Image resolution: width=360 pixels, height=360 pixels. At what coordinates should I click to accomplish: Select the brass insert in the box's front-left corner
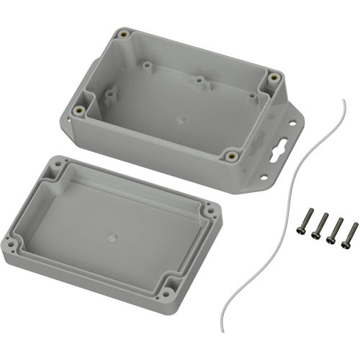pyautogui.click(x=77, y=111)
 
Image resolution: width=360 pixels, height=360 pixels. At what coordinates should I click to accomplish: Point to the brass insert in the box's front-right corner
pyautogui.click(x=231, y=153)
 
